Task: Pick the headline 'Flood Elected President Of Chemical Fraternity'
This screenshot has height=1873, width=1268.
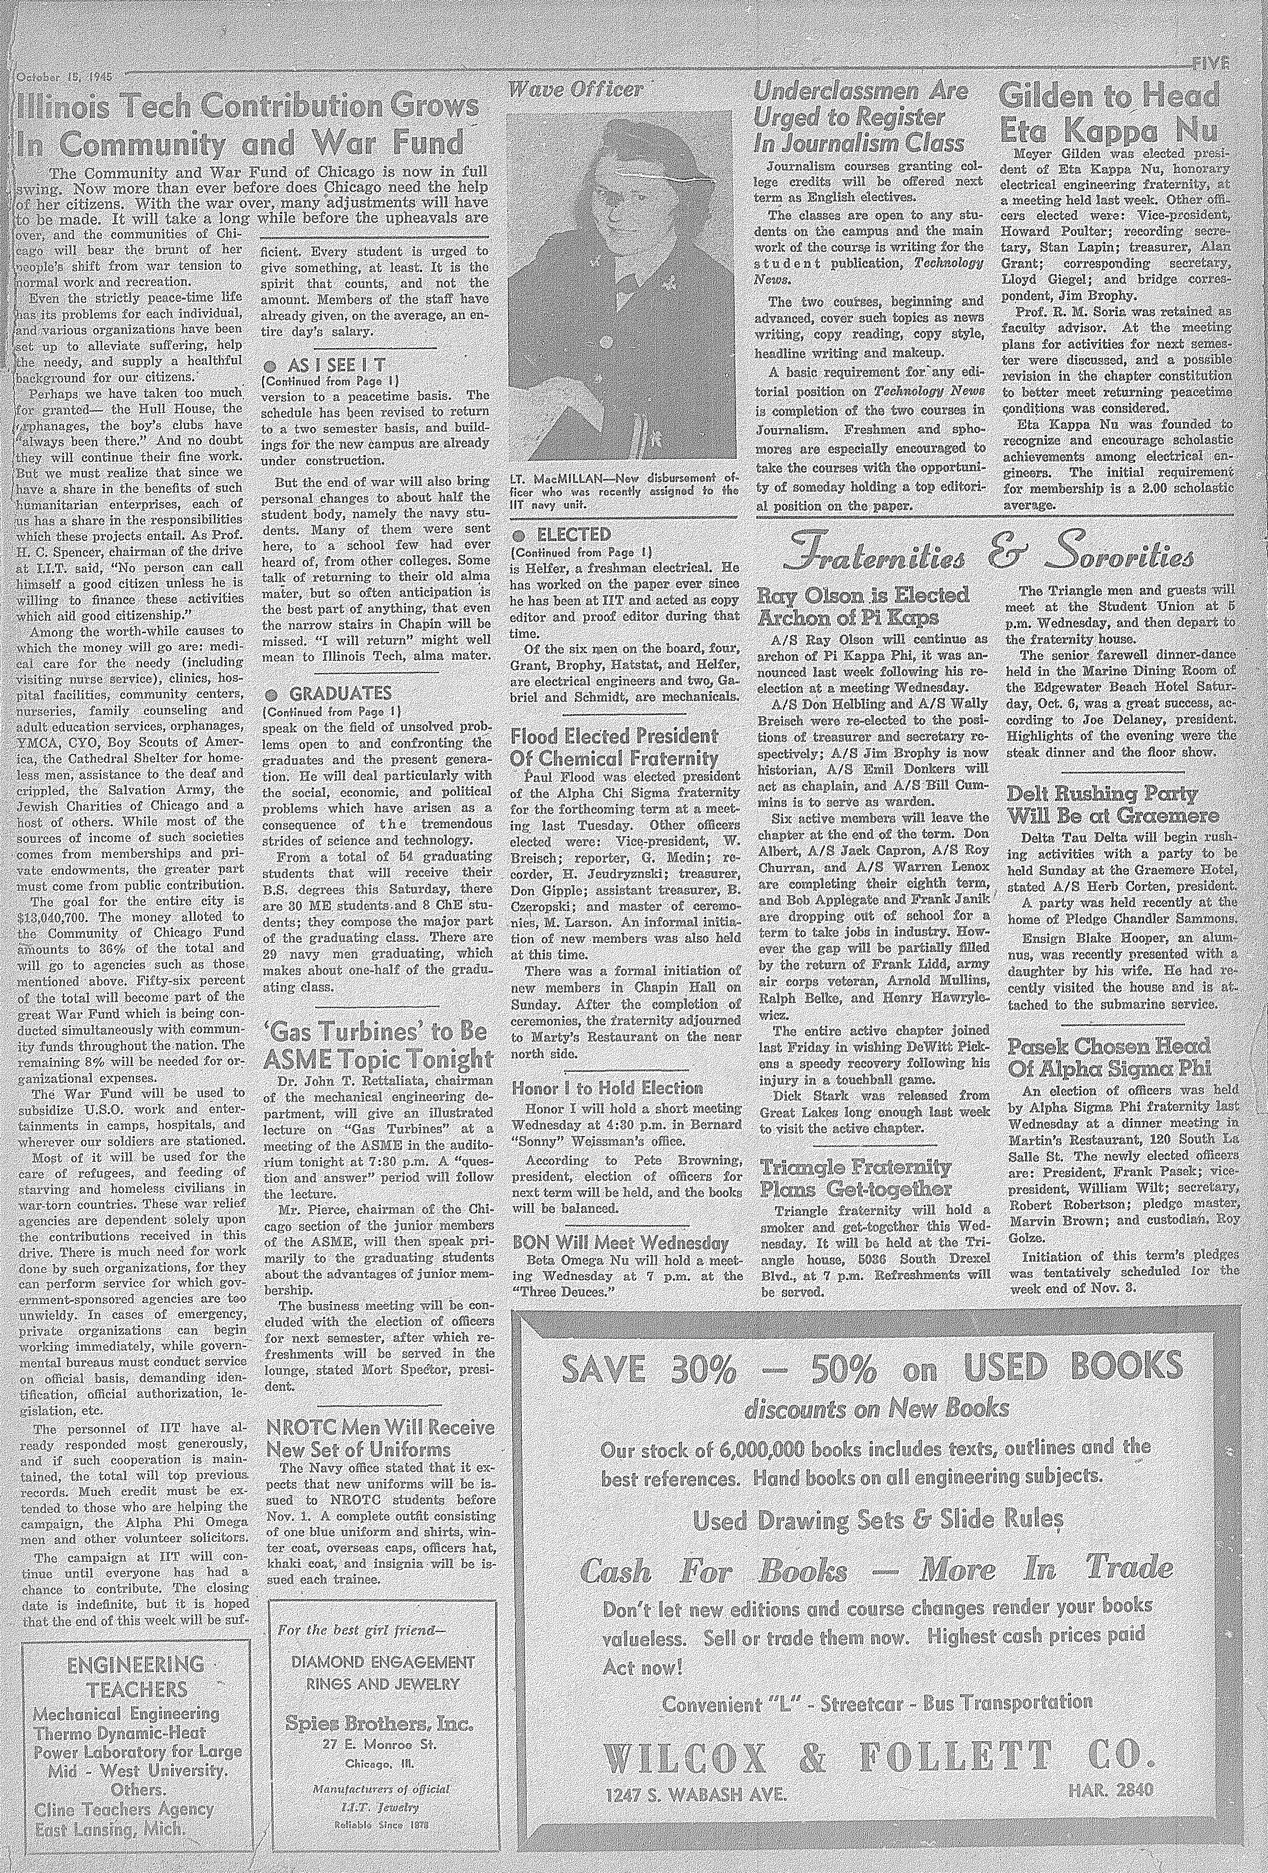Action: [614, 746]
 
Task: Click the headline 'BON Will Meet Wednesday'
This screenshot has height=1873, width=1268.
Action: [621, 1243]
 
